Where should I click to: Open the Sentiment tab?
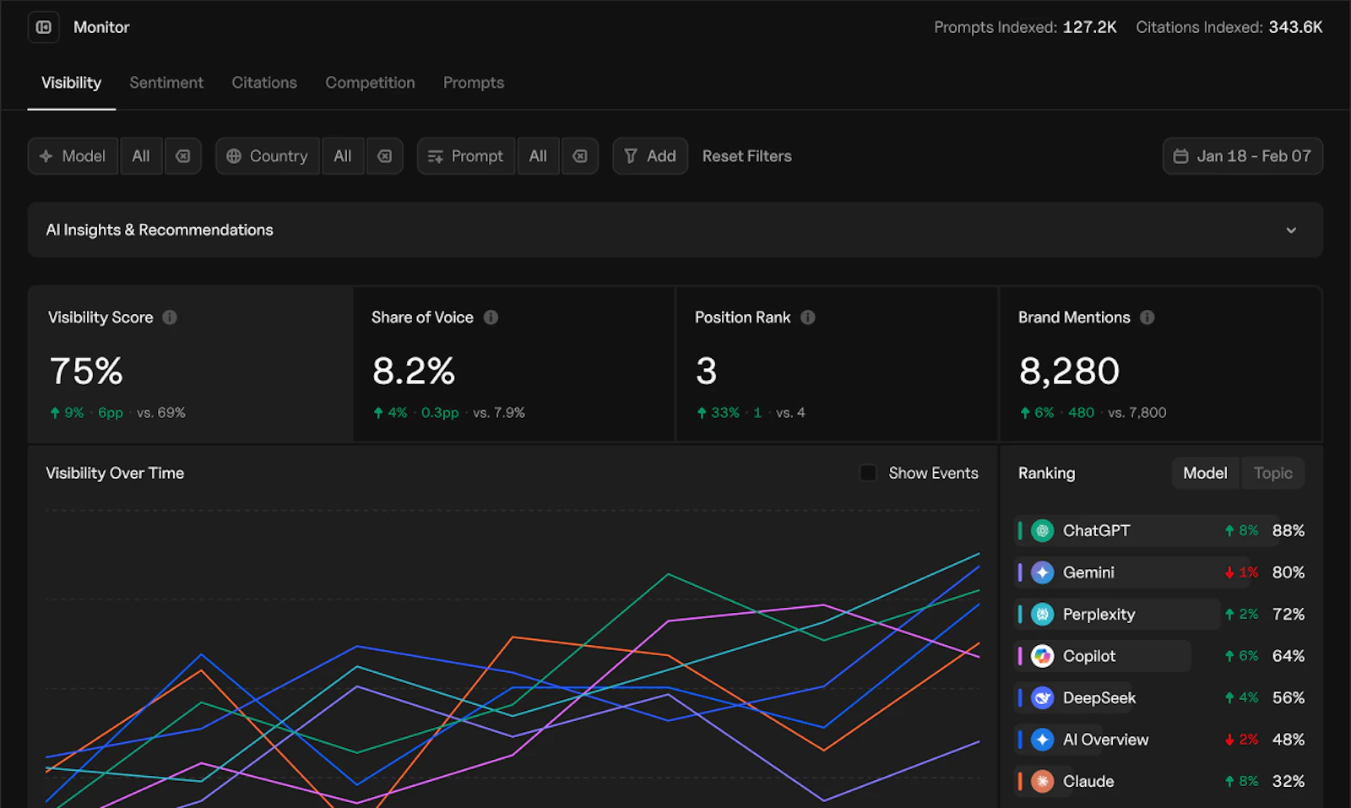[166, 83]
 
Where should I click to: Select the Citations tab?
[264, 83]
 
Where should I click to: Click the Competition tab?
[371, 83]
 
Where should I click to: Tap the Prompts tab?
[474, 83]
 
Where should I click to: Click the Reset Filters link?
[746, 156]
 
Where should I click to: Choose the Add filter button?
[650, 156]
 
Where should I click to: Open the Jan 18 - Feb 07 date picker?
[1242, 156]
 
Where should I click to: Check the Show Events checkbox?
[868, 473]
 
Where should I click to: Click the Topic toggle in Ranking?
[1272, 473]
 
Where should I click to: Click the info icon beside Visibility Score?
[170, 317]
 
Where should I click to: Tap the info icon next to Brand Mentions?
[1148, 317]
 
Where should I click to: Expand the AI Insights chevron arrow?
[1291, 230]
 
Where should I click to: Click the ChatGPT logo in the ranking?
[1042, 530]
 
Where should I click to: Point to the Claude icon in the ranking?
[1042, 781]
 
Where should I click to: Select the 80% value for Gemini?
[1289, 572]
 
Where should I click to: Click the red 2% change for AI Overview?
[1242, 740]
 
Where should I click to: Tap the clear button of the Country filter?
[384, 156]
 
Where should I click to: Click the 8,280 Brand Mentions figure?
[1069, 371]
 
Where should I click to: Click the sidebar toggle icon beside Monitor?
[43, 27]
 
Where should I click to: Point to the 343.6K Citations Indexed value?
[1295, 27]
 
